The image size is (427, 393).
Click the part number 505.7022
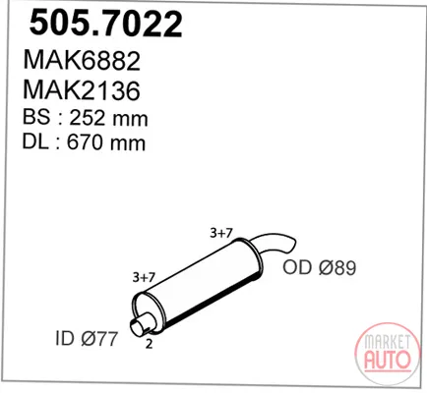pyautogui.click(x=105, y=24)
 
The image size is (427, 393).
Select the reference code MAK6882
pyautogui.click(x=82, y=61)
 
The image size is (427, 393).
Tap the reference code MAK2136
pyautogui.click(x=82, y=90)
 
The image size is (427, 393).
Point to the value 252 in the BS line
pyautogui.click(x=87, y=118)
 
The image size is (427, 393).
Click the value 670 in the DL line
pyautogui.click(x=85, y=142)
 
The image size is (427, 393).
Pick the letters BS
pyautogui.click(x=36, y=117)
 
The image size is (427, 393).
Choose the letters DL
pyautogui.click(x=35, y=142)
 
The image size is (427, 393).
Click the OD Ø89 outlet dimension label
pyautogui.click(x=320, y=268)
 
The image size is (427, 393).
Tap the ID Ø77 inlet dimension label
pyautogui.click(x=87, y=338)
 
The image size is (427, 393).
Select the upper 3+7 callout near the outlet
pyautogui.click(x=221, y=233)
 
